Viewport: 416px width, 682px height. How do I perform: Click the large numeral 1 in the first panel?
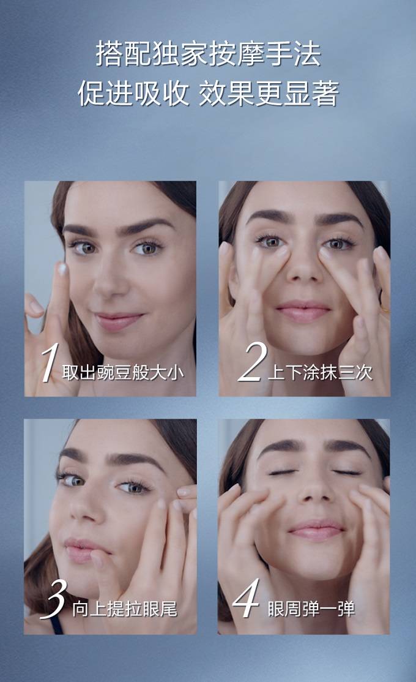coord(50,363)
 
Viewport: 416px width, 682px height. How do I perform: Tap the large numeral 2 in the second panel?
coord(252,362)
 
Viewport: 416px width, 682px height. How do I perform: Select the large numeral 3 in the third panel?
coord(54,599)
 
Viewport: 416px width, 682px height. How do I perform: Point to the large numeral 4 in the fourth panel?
coord(247,598)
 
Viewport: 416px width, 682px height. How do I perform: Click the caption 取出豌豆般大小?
coord(123,373)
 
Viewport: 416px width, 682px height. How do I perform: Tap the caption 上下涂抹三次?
coord(321,373)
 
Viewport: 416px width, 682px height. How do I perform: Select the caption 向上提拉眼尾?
coord(125,609)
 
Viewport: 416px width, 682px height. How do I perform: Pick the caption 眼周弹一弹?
coord(311,609)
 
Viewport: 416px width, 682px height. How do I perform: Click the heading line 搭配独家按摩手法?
coord(208,54)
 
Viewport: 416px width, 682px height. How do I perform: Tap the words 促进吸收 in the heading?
coord(133,93)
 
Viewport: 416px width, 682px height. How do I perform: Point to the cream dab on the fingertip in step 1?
coord(62,269)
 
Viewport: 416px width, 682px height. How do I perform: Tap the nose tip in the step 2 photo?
coord(303,273)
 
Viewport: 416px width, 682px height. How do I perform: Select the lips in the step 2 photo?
coord(303,310)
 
